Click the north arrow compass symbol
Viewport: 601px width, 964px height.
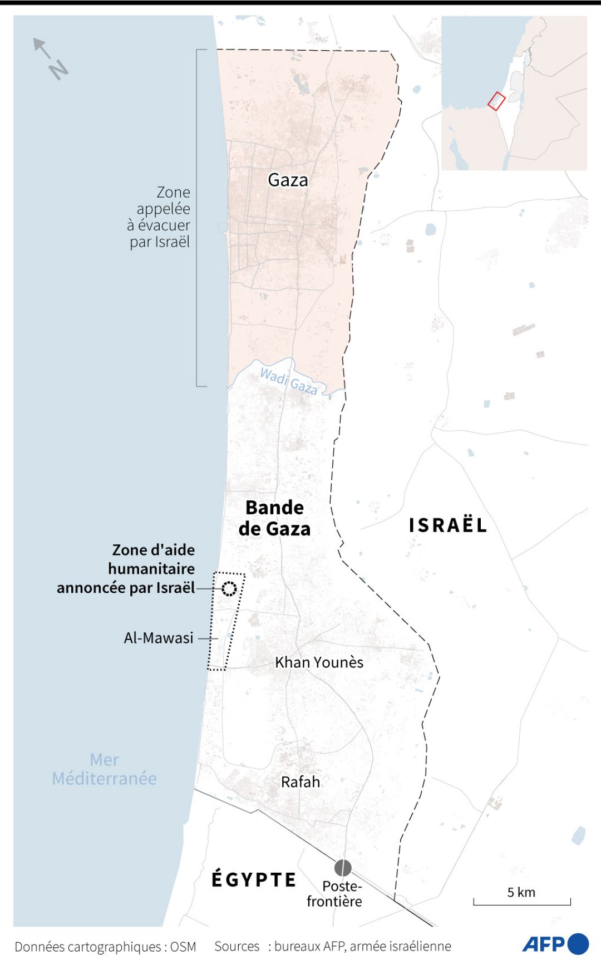tap(51, 59)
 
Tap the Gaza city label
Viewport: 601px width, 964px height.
tap(288, 180)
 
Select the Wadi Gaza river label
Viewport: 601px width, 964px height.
tap(289, 381)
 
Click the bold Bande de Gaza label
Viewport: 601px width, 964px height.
tap(274, 518)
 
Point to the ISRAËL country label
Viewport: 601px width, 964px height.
tap(448, 525)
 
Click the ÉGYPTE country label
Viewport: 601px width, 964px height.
tap(254, 879)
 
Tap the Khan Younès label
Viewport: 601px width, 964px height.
tap(319, 662)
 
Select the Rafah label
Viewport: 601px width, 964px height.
tap(300, 782)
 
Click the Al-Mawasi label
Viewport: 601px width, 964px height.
tap(159, 638)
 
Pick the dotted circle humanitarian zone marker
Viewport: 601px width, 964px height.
tap(229, 589)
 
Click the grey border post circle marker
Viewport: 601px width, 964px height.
tap(343, 868)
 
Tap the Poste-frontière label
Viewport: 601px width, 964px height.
tap(335, 894)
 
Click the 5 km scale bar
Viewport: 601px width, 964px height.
tap(522, 901)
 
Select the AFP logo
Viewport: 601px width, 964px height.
tap(555, 944)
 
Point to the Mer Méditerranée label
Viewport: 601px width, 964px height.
tap(105, 769)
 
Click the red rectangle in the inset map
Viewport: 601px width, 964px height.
tap(496, 101)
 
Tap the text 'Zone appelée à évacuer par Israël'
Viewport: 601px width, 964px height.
tap(160, 217)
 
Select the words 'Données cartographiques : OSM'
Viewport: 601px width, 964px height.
tap(105, 947)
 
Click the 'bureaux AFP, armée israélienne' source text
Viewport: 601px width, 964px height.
tap(362, 946)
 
